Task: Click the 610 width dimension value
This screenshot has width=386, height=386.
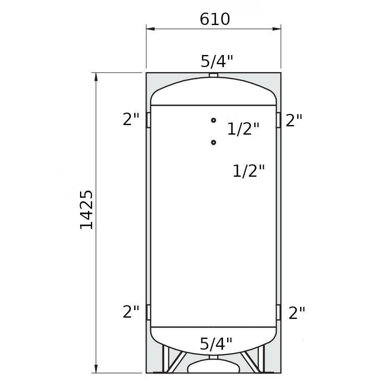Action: pos(215,19)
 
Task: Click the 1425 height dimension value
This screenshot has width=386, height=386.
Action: pos(86,210)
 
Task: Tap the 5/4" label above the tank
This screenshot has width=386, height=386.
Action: pos(217,61)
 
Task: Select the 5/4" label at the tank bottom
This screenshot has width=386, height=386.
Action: pos(216,343)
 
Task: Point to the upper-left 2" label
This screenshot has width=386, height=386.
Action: pos(131,119)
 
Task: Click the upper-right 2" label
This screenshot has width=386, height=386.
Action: pos(294,120)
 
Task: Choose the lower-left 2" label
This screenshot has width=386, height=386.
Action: pos(131,312)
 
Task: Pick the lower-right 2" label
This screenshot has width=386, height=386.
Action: pos(297,313)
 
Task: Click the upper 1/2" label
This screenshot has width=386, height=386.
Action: pos(243,128)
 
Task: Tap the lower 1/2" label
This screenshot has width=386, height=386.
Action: pos(248,170)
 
